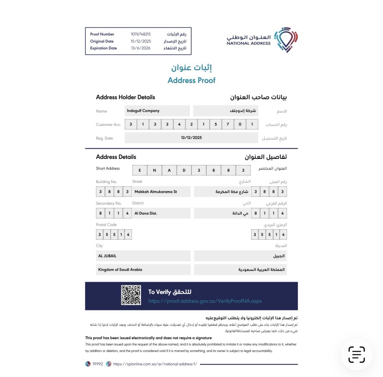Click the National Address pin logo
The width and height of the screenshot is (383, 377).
pos(286,40)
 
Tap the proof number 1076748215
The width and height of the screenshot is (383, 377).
pos(141,34)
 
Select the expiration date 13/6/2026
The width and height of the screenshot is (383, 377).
pos(141,48)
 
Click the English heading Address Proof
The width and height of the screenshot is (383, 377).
pos(191,80)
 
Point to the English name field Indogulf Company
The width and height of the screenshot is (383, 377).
pos(143,111)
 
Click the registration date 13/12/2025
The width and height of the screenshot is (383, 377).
pos(191,138)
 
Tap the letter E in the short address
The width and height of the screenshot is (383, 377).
pos(140,170)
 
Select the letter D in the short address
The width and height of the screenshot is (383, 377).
pos(184,170)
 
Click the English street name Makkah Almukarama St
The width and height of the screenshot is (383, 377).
pos(156,192)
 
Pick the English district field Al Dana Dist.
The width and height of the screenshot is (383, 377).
pos(146,213)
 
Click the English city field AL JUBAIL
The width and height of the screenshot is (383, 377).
pos(107,256)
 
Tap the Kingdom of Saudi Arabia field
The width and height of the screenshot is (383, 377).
pos(120,270)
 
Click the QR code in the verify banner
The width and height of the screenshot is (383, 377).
pos(131,295)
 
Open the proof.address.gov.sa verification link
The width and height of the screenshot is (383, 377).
pos(205,301)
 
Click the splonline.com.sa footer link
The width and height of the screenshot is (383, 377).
pos(155,364)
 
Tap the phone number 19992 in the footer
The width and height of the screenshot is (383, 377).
pos(98,364)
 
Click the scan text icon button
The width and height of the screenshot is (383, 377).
pos(357,354)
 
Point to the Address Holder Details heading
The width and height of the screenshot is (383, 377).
pos(125,97)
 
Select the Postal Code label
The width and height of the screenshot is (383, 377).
pos(106,225)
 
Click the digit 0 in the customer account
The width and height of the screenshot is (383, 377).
pos(240,124)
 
